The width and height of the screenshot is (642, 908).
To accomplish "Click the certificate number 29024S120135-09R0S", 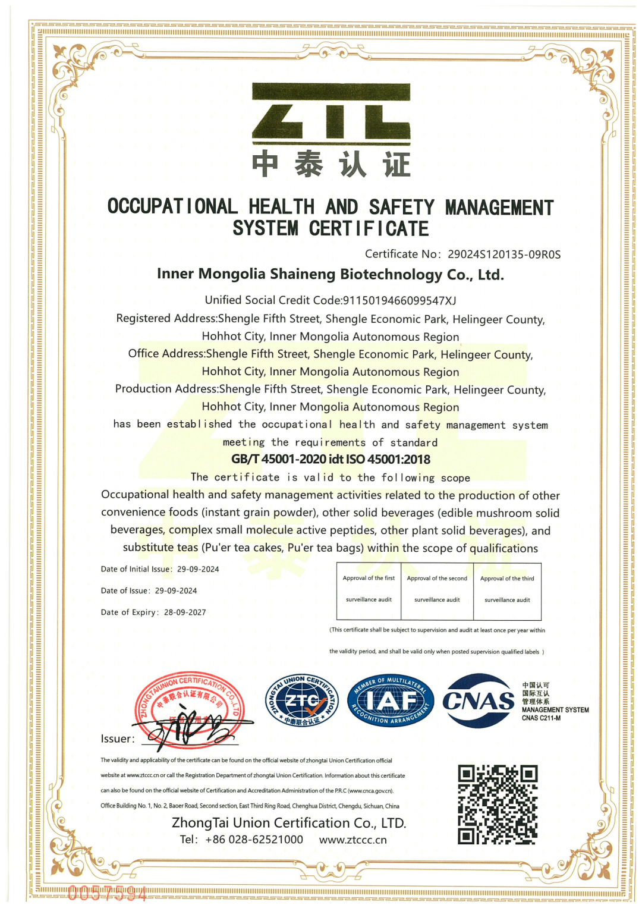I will pos(503,255).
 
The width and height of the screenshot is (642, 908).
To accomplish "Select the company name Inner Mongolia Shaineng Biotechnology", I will pos(330,274).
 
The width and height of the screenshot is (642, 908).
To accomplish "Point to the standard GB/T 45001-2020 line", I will pos(331,459).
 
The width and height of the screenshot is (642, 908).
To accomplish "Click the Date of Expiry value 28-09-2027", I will pos(185,612).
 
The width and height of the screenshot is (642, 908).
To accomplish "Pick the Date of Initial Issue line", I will pos(160,569).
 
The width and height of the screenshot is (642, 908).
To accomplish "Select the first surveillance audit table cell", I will pos(369,589).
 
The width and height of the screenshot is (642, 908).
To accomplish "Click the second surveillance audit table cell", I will pos(437,589).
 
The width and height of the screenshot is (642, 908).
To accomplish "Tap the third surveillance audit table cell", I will pos(507,589).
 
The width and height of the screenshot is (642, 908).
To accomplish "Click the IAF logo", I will pos(391,701).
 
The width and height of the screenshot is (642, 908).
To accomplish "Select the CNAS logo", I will pos(479,701).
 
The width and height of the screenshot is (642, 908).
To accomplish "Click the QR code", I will pos(498,805).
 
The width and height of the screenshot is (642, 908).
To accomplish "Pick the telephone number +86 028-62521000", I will pos(254,840).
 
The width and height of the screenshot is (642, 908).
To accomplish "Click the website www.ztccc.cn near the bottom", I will pos(353,840).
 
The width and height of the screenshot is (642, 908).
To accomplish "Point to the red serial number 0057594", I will pos(107,893).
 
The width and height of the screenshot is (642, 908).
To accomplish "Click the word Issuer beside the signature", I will pos(117,739).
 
